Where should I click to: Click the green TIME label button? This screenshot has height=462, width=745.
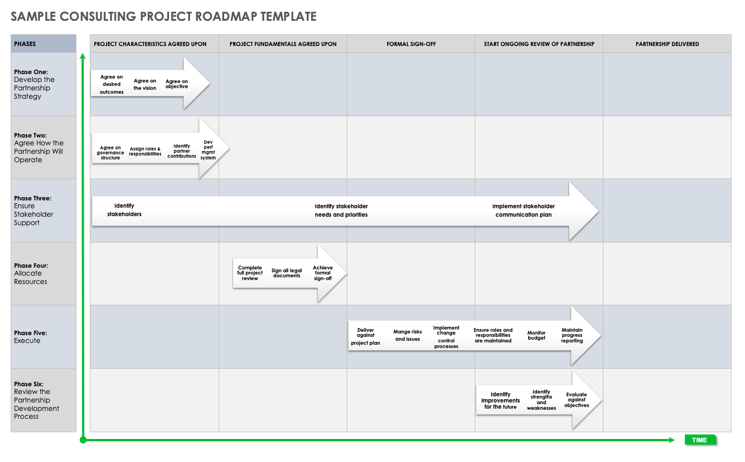pyautogui.click(x=700, y=440)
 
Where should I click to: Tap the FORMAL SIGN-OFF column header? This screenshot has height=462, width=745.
pyautogui.click(x=411, y=44)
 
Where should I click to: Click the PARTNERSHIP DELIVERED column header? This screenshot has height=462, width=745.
pyautogui.click(x=667, y=44)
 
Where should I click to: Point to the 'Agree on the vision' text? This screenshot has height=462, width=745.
pyautogui.click(x=145, y=84)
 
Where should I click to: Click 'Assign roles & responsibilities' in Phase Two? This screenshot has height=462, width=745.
pyautogui.click(x=145, y=151)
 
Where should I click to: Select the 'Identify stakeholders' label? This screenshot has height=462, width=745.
pyautogui.click(x=124, y=210)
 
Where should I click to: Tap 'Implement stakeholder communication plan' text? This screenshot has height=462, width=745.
pyautogui.click(x=524, y=211)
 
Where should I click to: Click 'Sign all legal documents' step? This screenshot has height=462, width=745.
pyautogui.click(x=287, y=273)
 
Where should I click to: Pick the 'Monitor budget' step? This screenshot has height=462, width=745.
pyautogui.click(x=537, y=335)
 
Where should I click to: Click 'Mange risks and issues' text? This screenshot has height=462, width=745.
pyautogui.click(x=407, y=335)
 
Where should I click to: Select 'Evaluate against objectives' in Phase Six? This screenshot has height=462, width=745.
pyautogui.click(x=576, y=400)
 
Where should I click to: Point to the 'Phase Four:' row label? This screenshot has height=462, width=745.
pyautogui.click(x=31, y=266)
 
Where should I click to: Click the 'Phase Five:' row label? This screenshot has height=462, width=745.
pyautogui.click(x=30, y=333)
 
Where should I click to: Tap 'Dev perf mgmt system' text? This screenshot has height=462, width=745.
pyautogui.click(x=208, y=150)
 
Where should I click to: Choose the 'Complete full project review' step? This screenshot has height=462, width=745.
pyautogui.click(x=250, y=273)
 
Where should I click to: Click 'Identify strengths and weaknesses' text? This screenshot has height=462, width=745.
pyautogui.click(x=541, y=400)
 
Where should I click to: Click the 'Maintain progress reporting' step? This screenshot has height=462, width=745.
pyautogui.click(x=572, y=335)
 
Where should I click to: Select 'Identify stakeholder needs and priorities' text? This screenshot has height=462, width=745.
pyautogui.click(x=341, y=211)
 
